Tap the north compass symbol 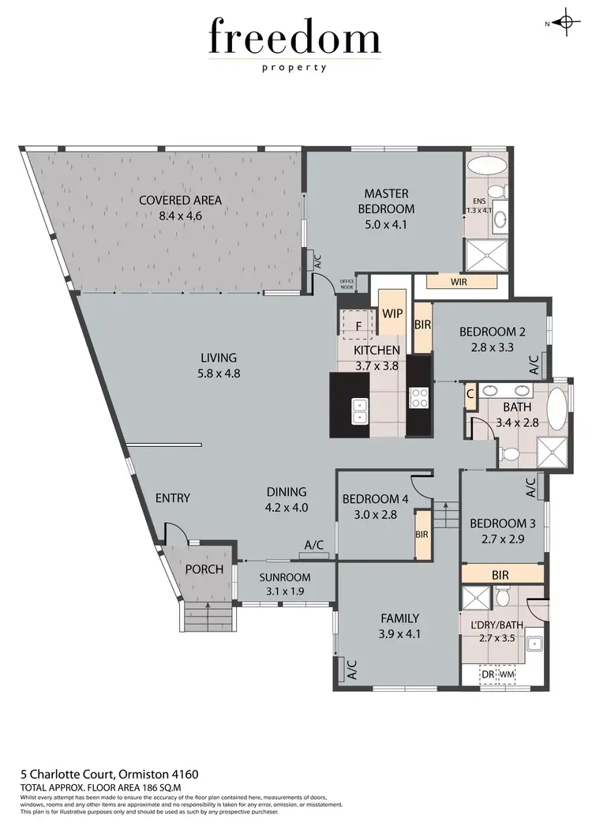click(565, 23)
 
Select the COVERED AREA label click(180, 200)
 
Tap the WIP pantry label click(392, 313)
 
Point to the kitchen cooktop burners click(418, 398)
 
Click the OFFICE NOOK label click(347, 283)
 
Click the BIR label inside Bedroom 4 click(422, 535)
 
